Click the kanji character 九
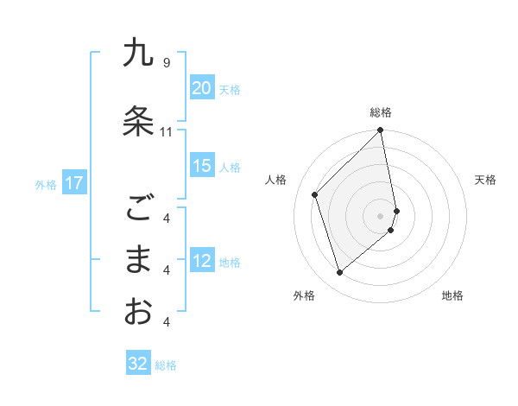tap(138, 54)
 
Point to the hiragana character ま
tap(138, 259)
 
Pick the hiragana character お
tap(138, 311)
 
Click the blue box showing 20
tap(201, 88)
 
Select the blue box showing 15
tap(201, 166)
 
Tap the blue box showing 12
tap(201, 261)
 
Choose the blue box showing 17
tap(73, 183)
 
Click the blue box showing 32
tap(138, 364)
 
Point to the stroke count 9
tap(167, 62)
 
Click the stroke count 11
tap(167, 132)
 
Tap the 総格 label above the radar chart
tap(381, 112)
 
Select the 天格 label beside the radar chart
tap(486, 180)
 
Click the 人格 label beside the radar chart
tap(276, 180)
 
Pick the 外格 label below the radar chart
tap(303, 295)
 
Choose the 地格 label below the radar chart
tap(452, 295)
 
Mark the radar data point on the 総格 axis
tap(381, 131)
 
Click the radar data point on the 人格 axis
tap(315, 194)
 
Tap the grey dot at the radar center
tap(381, 215)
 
